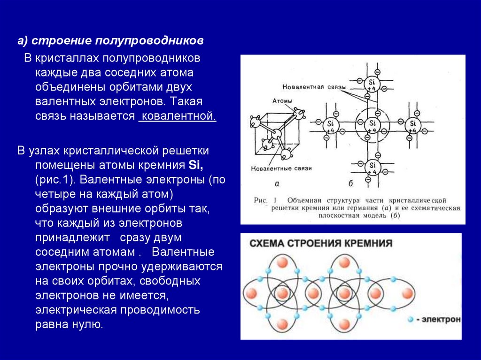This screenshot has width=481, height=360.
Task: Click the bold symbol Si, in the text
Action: click(x=195, y=165)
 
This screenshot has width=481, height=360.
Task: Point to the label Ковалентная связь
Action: click(x=314, y=88)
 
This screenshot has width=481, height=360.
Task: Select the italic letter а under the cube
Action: click(x=277, y=184)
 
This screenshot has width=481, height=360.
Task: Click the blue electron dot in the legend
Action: click(x=411, y=319)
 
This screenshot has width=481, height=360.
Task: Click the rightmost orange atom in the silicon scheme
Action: click(x=407, y=294)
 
